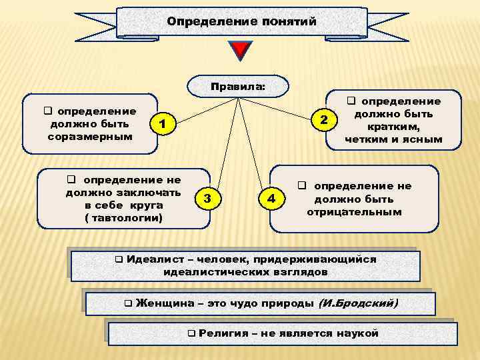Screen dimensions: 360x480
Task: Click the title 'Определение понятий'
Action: (x=241, y=22)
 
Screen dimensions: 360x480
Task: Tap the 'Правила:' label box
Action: (x=237, y=86)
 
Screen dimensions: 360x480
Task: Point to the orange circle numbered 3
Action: (x=208, y=199)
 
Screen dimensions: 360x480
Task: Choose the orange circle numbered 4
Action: (x=270, y=199)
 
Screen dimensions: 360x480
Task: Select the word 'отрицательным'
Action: (x=354, y=212)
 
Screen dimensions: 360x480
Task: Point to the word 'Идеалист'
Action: (x=151, y=259)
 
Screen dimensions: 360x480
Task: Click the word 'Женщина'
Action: (x=161, y=303)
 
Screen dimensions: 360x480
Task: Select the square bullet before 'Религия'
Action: (x=191, y=333)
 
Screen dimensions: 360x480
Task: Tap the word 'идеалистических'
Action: (x=208, y=272)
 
